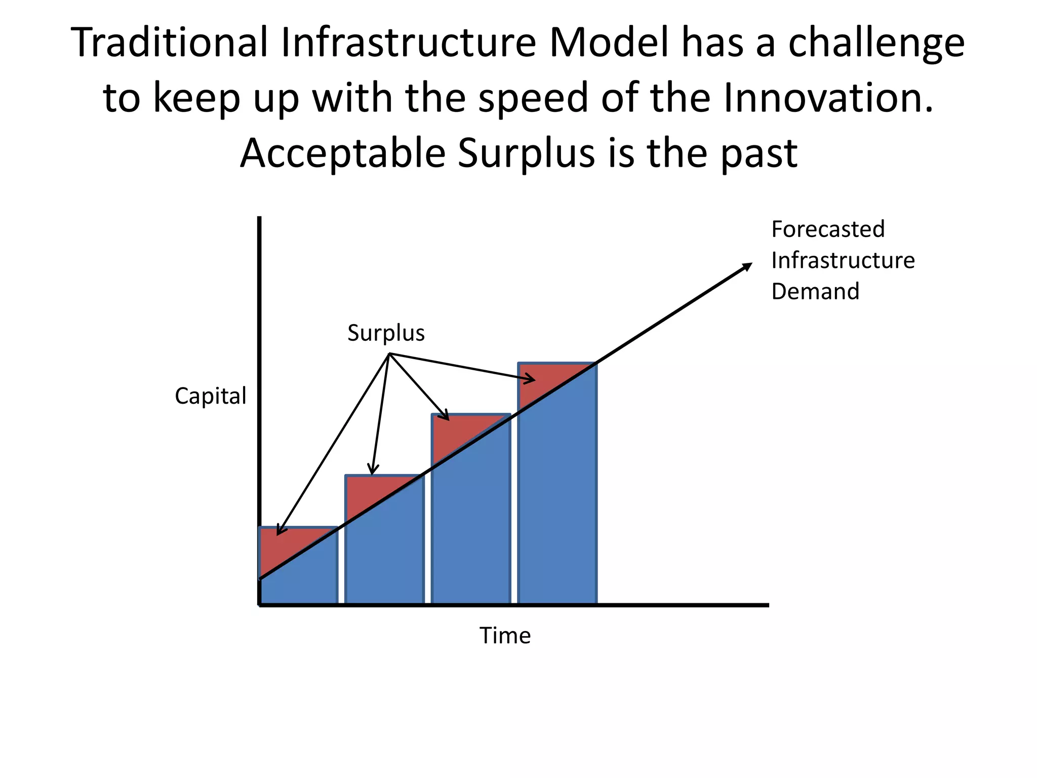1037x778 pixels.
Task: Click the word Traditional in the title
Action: (x=170, y=43)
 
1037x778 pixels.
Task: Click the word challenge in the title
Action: (x=876, y=43)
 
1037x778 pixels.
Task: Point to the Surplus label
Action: (x=386, y=333)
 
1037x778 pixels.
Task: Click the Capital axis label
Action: (x=210, y=396)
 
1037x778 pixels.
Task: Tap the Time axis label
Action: (x=505, y=636)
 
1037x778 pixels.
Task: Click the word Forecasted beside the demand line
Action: (x=828, y=229)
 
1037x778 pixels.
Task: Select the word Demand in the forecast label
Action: (x=815, y=292)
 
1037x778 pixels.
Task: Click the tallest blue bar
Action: (x=557, y=507)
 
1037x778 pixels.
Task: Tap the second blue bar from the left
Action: (x=385, y=557)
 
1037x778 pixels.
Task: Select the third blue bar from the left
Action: (x=471, y=532)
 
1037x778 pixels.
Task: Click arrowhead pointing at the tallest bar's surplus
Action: (x=531, y=379)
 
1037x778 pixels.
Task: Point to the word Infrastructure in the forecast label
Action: (x=843, y=261)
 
